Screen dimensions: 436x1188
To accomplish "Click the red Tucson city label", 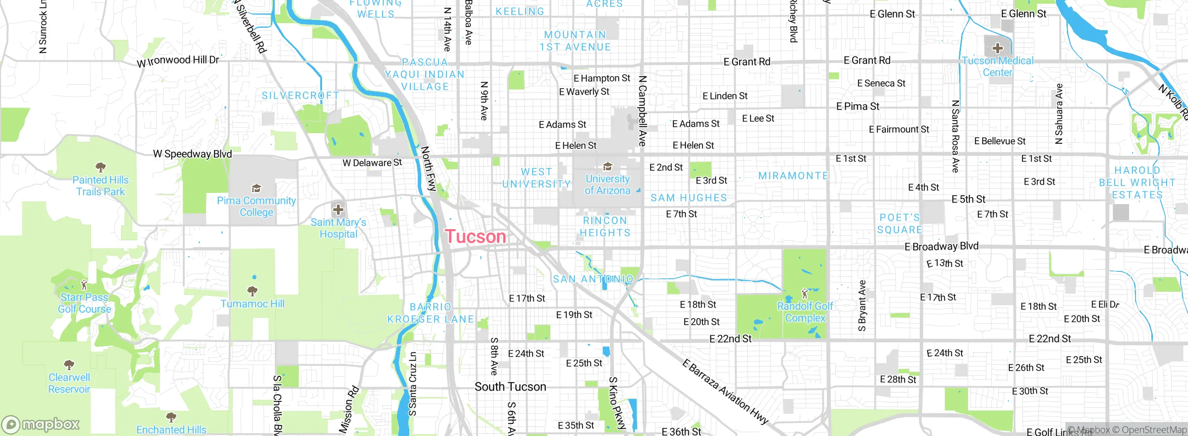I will (476, 237).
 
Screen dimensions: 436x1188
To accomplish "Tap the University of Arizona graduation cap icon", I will (607, 167).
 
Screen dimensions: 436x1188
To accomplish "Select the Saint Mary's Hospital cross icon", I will (338, 209).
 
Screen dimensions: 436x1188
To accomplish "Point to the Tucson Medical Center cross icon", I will (997, 48).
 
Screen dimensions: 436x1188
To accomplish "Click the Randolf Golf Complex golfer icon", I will (805, 293).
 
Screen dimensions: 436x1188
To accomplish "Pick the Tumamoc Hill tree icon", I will (252, 291).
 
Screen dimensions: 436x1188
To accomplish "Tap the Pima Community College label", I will (256, 206).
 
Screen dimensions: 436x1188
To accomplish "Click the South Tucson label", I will (510, 386).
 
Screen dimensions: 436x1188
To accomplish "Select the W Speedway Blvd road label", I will (192, 154).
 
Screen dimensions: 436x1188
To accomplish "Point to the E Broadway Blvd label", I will (941, 246).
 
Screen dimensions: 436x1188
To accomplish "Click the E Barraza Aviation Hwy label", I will (725, 391).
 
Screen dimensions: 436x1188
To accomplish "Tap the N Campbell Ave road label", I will (642, 111).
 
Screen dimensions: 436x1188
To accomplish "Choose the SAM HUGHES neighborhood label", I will (689, 198).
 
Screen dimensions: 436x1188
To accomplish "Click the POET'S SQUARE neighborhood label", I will (899, 224).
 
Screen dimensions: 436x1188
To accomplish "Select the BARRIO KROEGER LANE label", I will (431, 313).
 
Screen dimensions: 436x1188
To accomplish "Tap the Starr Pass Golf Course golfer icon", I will (84, 284).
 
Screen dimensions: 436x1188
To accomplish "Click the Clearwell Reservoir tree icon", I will (69, 365).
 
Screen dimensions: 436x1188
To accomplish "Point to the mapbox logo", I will (41, 424).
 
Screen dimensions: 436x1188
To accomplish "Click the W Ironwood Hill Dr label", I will (178, 61).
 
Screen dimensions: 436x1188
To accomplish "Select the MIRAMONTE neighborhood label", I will (793, 176).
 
